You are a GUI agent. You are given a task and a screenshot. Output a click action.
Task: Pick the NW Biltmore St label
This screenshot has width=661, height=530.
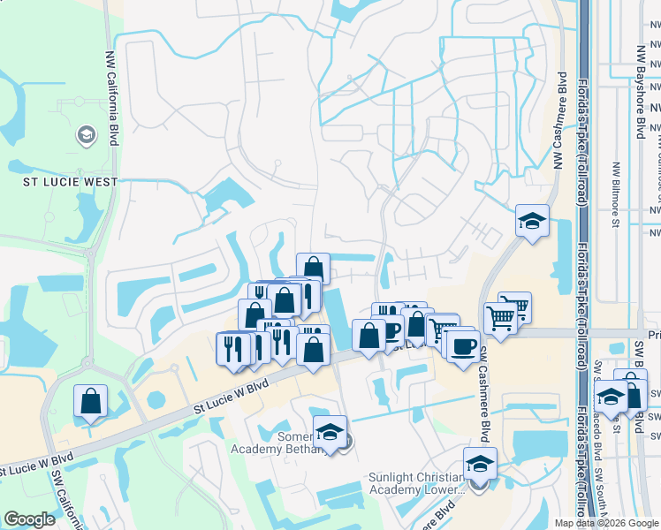[x=615, y=193]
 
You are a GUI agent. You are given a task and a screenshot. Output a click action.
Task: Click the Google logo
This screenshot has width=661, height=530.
[x=29, y=519]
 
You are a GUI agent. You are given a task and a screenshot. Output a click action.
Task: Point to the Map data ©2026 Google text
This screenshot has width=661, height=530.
[x=605, y=523]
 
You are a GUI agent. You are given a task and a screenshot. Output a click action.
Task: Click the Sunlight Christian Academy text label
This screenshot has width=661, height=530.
[x=415, y=483]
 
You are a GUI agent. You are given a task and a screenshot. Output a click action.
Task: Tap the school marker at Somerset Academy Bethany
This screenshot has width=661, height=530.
[x=330, y=432]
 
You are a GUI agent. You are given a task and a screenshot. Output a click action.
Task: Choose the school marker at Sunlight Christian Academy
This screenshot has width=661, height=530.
[x=479, y=464]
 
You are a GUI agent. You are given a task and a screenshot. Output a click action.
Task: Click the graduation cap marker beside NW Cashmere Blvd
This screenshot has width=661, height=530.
[x=532, y=222]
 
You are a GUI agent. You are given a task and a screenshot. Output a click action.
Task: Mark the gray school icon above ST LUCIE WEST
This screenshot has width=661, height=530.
[x=87, y=135]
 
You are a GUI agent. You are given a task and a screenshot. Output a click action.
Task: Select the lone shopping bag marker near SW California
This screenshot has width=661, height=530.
[x=90, y=401]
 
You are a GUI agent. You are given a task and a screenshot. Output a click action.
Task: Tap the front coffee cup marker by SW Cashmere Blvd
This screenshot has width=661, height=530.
[x=462, y=344]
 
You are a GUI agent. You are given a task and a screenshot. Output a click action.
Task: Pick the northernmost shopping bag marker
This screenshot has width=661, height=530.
[x=313, y=269]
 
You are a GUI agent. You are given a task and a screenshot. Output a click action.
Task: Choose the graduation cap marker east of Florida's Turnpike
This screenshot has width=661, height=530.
[x=610, y=396]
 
